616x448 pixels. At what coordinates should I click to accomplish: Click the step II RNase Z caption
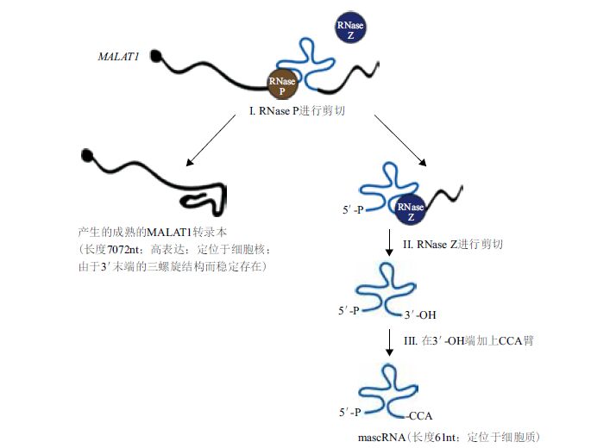[453, 245]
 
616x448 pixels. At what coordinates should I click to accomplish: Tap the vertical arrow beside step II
[389, 246]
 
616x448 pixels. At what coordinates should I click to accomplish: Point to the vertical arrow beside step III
[389, 342]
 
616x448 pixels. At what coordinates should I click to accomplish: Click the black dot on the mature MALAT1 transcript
[87, 156]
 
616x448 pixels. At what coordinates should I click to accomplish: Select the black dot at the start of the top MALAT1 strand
[158, 58]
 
